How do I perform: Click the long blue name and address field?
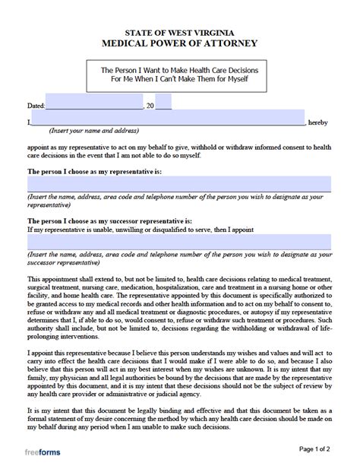point(168,120)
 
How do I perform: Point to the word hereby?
point(319,122)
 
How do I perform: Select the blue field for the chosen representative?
point(179,183)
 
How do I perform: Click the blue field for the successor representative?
point(179,241)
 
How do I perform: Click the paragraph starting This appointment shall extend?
point(179,303)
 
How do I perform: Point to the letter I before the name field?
point(28,122)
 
